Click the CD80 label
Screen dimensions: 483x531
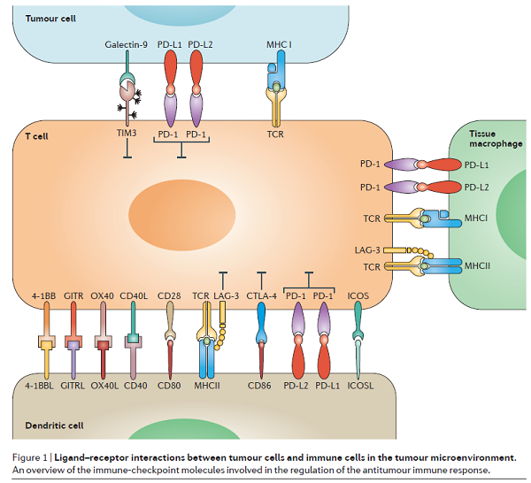169,385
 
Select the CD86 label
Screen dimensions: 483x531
260,385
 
